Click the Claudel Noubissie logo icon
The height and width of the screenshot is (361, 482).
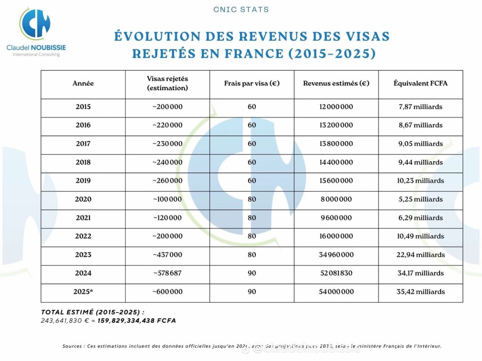click(34, 25)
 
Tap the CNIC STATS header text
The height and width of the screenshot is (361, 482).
click(241, 9)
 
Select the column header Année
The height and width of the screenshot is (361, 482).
click(83, 84)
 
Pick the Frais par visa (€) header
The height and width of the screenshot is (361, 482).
click(252, 84)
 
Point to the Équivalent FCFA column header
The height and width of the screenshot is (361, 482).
click(420, 84)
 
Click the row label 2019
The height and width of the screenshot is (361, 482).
click(83, 180)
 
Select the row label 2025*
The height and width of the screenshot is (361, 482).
click(83, 291)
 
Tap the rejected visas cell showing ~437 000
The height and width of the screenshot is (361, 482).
click(167, 255)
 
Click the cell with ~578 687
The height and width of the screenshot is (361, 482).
click(167, 273)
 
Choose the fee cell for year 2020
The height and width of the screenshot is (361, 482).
click(252, 199)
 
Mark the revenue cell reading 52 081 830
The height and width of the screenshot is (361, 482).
click(336, 273)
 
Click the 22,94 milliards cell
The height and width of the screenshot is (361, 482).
click(420, 255)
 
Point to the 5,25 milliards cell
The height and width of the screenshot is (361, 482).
click(420, 199)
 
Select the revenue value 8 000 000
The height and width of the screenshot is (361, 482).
click(336, 199)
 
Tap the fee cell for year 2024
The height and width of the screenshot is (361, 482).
click(252, 273)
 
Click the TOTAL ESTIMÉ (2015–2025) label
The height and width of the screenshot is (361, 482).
click(92, 312)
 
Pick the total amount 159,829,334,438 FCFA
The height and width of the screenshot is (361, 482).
click(137, 321)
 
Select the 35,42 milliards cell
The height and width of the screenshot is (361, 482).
click(420, 291)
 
